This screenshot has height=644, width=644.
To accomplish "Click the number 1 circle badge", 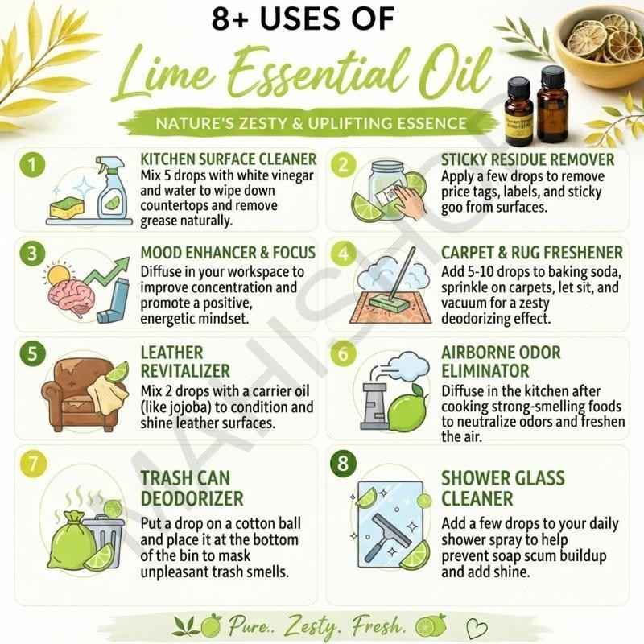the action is tap(32, 164).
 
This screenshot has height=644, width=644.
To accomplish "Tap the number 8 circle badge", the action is tap(343, 464).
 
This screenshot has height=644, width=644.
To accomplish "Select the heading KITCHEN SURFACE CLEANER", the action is tap(229, 159).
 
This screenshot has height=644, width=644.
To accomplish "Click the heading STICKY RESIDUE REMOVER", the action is tap(528, 159).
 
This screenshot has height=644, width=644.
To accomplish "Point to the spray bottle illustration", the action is tap(111, 188).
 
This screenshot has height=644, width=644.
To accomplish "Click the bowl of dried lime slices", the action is tap(601, 46).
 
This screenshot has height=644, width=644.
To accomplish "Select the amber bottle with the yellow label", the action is tap(519, 111).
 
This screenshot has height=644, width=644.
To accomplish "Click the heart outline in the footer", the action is tap(477, 629).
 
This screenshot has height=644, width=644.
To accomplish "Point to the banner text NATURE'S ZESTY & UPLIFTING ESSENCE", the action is tap(311, 123).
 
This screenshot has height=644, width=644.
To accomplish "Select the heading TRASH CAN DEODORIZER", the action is tap(192, 489).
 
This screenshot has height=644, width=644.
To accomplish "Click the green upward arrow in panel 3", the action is tap(108, 271).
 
